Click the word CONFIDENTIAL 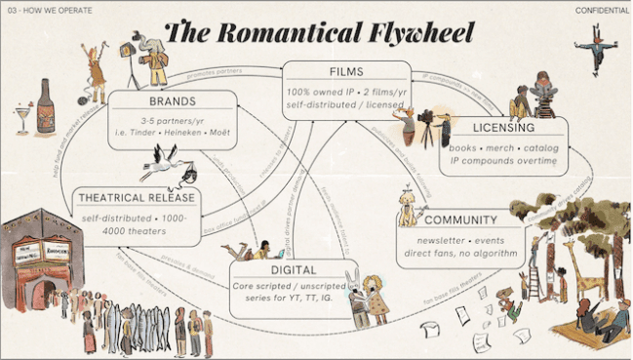601,10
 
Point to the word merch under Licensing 496,145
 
